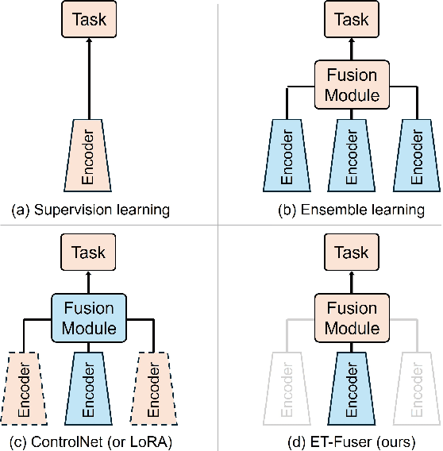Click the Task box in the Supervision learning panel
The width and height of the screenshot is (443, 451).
pyautogui.click(x=89, y=20)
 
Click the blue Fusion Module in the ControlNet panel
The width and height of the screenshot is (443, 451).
pyautogui.click(x=89, y=317)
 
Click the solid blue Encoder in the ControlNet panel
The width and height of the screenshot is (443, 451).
pyautogui.click(x=89, y=388)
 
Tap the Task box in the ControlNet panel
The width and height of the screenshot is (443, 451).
pyautogui.click(x=89, y=252)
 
